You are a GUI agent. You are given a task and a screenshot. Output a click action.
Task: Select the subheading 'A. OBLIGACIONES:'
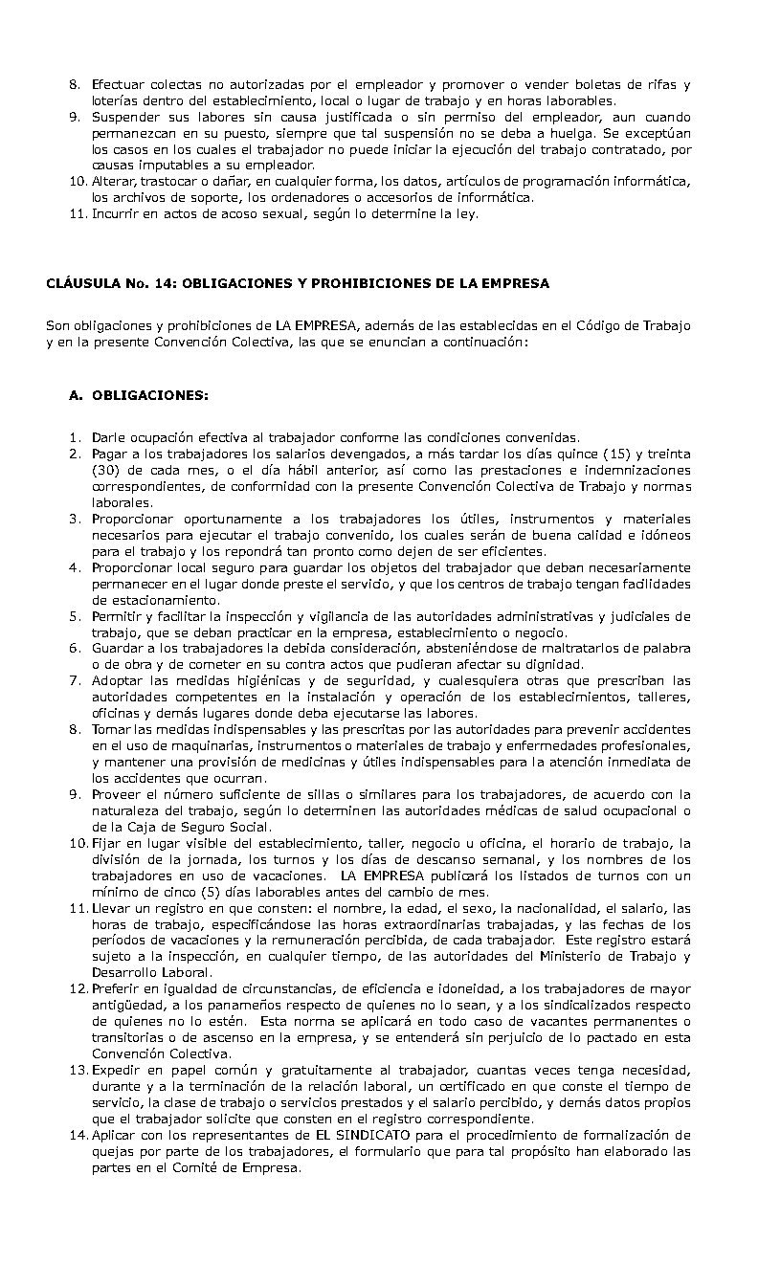point(138,394)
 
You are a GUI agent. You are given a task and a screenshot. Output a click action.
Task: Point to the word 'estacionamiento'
point(144,600)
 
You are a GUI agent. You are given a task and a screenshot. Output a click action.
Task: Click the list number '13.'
point(78,1071)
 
